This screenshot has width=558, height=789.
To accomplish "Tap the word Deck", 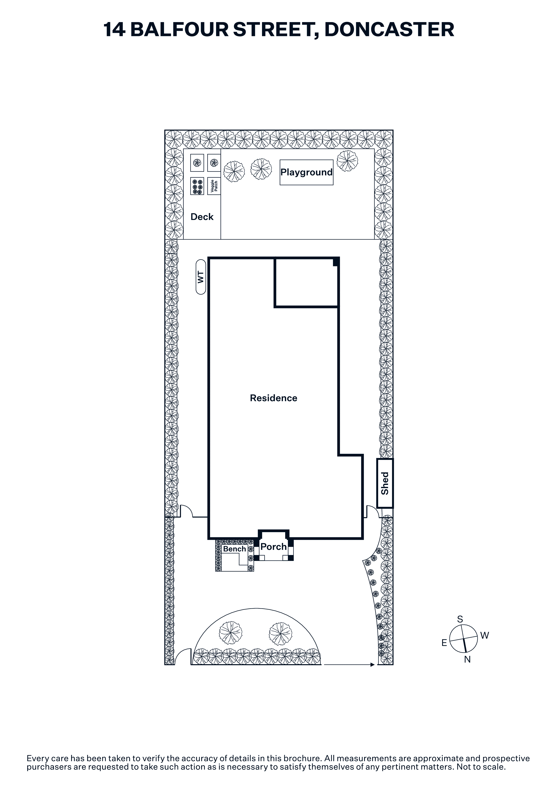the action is coord(202,217).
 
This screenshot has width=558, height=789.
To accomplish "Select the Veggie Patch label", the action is coord(214,186).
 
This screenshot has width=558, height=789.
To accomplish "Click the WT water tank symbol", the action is coord(201,277).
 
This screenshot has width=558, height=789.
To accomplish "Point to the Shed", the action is coord(385,483).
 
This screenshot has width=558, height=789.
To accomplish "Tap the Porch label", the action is coord(274,547).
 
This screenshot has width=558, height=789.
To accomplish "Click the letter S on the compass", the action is coord(460,619).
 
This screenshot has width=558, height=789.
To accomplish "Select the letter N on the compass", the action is coord(467,659).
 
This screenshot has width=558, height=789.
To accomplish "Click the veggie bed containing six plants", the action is coord(197,186).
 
